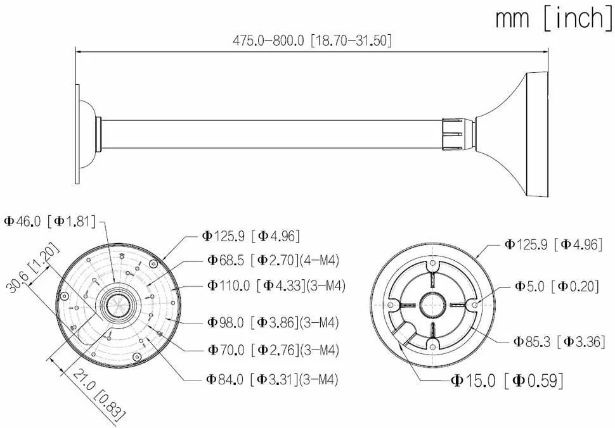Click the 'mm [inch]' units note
pos(553,18)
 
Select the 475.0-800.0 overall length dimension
pos(312,41)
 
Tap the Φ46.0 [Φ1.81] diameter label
pos(50,221)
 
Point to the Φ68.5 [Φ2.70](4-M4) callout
pos(273,260)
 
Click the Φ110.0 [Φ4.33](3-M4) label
pos(276,285)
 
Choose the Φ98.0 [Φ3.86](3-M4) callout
pos(273,323)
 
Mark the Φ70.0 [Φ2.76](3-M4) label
pos(273,349)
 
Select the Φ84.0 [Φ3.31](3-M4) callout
pos(273,379)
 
